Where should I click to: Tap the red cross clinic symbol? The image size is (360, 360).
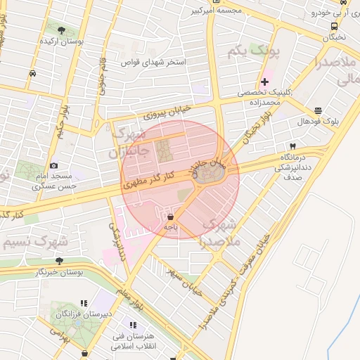(x=264, y=82)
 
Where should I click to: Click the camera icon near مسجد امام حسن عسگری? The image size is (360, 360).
(x=53, y=165)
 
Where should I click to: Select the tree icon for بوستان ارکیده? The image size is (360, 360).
(x=62, y=30)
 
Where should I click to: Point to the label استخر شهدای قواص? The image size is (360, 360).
(x=154, y=63)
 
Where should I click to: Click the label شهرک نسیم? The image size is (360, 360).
(x=34, y=242)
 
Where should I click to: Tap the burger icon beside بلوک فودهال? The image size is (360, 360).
(x=318, y=110)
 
